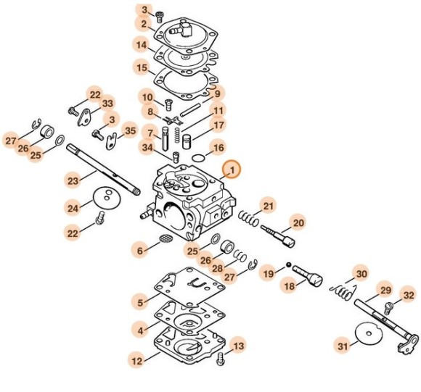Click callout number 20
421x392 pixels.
[x=298, y=222]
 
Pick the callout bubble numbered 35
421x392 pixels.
[x=130, y=131]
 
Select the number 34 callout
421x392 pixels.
[x=147, y=149]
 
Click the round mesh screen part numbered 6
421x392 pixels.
[x=166, y=240]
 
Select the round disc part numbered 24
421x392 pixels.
[x=106, y=199]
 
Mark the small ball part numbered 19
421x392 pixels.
[x=288, y=264]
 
